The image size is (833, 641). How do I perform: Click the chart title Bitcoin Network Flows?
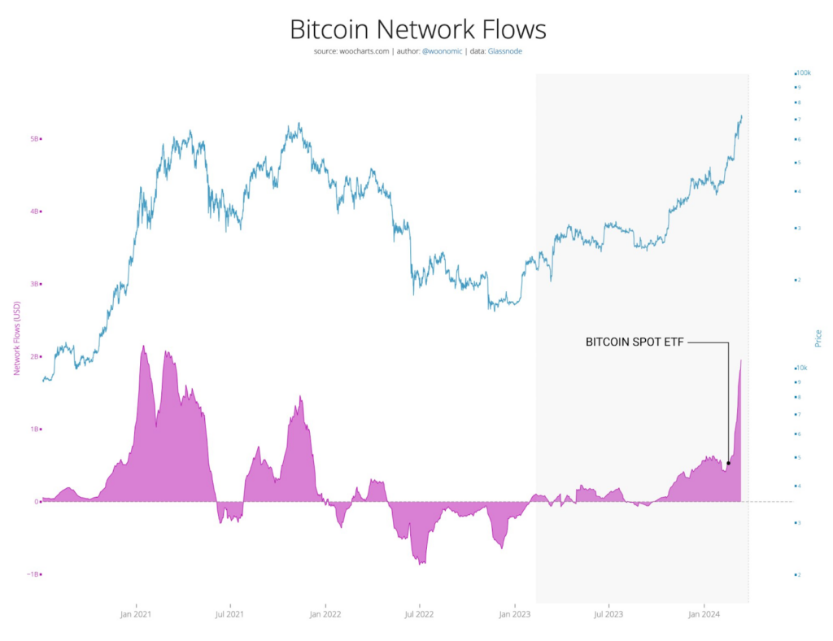[x=418, y=29]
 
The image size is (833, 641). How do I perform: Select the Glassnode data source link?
[x=506, y=52]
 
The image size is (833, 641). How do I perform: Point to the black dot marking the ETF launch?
[x=728, y=464]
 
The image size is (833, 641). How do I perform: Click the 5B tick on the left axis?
[x=35, y=139]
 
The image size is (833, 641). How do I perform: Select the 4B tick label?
[x=35, y=211]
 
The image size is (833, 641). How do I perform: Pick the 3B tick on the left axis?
[x=35, y=284]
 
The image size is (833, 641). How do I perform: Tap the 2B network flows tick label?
[x=35, y=356]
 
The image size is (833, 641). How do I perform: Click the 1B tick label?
[x=35, y=429]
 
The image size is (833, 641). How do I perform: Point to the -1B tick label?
[x=33, y=574]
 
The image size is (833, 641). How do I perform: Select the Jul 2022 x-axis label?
[x=419, y=615]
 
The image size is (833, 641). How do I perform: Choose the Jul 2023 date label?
[x=608, y=615]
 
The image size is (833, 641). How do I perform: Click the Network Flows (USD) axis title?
[x=15, y=338]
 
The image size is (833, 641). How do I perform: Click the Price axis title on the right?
[x=818, y=338]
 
